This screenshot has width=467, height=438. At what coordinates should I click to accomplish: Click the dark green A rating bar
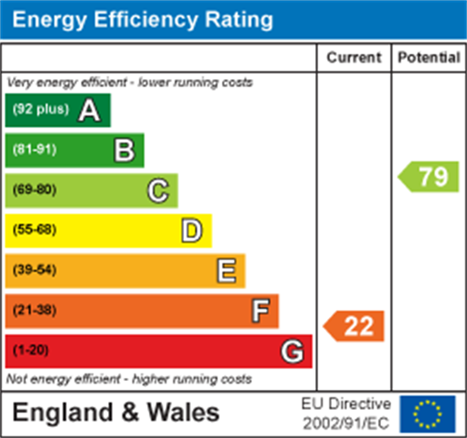(58, 110)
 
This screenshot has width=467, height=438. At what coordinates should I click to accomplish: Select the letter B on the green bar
(124, 150)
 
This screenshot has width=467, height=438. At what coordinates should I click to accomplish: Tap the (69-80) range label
(34, 190)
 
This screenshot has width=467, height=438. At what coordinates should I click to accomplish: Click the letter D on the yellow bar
(192, 231)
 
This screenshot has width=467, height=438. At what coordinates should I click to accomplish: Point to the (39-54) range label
(34, 270)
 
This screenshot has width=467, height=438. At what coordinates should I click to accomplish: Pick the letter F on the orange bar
(260, 311)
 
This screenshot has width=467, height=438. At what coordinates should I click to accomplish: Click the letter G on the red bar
(292, 352)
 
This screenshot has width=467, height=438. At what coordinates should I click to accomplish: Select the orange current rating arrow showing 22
(355, 326)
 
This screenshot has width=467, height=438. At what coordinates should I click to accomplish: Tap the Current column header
(354, 58)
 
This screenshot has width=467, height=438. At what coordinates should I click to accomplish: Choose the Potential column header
(429, 58)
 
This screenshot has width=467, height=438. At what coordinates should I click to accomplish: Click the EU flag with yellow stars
(427, 414)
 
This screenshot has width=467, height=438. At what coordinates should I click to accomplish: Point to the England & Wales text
(116, 413)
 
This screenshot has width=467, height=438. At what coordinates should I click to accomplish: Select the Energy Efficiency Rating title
(143, 20)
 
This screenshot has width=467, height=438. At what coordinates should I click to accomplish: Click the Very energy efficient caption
(129, 83)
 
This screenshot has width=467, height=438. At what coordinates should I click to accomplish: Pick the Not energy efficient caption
(129, 379)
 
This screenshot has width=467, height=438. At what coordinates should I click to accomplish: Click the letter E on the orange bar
(226, 271)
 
